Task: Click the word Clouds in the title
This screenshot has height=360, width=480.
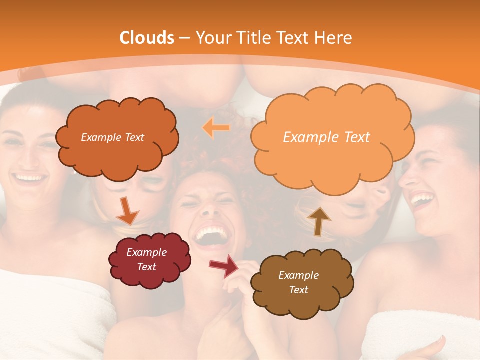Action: coord(147,38)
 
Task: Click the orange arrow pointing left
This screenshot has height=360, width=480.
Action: coord(216,128)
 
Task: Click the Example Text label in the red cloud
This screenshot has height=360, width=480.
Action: coord(147,260)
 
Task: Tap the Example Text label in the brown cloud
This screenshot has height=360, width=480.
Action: coord(298,282)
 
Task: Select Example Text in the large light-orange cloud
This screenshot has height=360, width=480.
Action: coord(326,137)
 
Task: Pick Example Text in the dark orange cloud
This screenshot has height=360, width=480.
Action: coord(112,137)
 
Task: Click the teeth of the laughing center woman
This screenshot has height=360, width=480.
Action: coord(210,233)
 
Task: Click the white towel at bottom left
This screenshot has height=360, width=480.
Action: coord(50,310)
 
